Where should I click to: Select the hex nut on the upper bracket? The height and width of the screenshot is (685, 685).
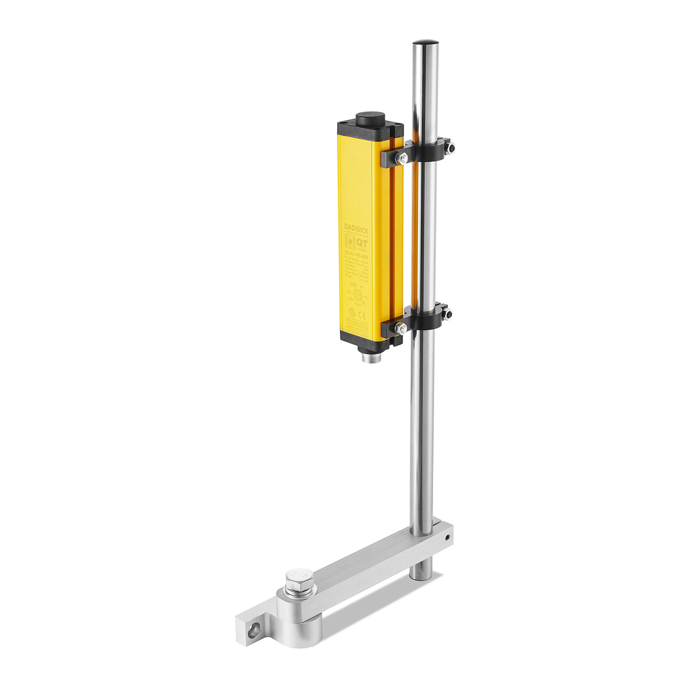402,158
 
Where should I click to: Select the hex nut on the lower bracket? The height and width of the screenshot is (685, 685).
401,328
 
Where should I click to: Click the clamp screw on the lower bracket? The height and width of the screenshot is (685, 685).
448,315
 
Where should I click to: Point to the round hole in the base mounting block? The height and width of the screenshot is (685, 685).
254,630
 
